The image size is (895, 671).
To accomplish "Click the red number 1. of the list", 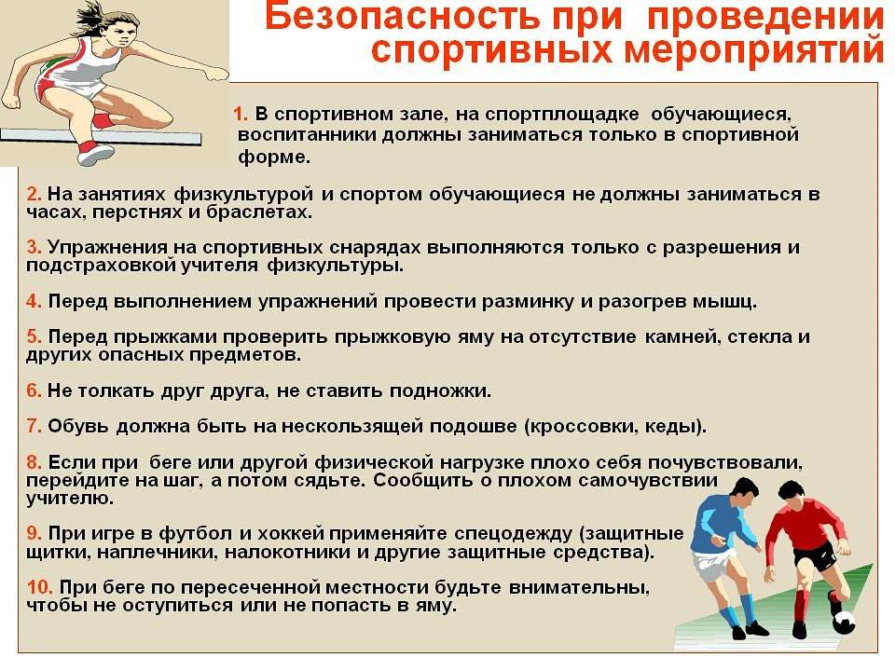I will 241,115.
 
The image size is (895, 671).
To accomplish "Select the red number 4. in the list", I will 34,302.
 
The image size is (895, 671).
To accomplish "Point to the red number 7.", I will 34,427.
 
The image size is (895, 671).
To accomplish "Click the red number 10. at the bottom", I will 40,587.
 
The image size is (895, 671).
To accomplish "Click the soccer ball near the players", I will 844,622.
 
